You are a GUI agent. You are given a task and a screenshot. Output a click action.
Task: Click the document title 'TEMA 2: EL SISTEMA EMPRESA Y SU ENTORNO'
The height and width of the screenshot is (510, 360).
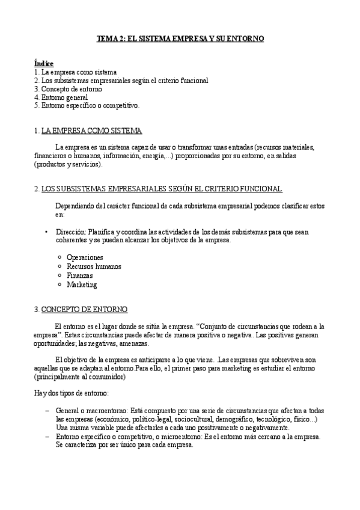coord(181,38)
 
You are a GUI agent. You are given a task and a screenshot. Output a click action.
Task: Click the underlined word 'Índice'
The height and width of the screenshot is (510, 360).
coord(44,63)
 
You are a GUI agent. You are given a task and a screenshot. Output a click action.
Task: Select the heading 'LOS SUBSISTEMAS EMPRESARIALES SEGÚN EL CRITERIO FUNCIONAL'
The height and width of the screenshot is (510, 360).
coord(162,189)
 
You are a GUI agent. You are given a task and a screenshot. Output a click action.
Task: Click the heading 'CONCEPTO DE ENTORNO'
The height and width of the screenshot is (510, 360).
coord(84,309)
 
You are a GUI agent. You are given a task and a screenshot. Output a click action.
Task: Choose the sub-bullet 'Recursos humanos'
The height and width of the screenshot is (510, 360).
coord(94,266)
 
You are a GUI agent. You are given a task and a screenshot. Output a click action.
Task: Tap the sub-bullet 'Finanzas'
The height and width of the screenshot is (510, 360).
coord(80,275)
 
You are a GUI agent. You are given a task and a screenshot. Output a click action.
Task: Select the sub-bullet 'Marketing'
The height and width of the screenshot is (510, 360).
coord(82,284)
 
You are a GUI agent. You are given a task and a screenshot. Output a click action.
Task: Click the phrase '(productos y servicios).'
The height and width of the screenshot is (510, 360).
coord(69,164)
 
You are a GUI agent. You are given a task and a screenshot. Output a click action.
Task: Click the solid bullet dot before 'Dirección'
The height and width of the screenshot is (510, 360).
coord(46,232)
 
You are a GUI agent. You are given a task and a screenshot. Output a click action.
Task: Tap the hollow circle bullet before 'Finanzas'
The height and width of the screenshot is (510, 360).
coord(59,275)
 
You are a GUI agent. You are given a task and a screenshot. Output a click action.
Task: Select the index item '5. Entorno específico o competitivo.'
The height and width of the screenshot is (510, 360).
coord(87,105)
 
